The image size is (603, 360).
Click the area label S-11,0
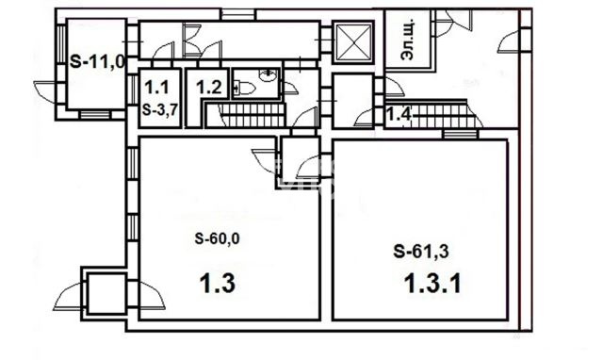(x=98, y=62)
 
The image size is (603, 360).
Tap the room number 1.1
(x=156, y=88)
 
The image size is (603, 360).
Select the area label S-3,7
(x=159, y=110)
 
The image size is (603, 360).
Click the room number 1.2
(x=209, y=88)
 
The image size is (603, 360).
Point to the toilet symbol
(x=245, y=89)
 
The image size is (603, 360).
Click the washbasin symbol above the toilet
(x=268, y=75)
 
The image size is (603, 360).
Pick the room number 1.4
(x=399, y=114)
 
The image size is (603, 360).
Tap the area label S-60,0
(x=217, y=238)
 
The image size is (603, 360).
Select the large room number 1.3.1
(x=433, y=285)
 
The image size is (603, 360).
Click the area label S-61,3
(x=421, y=252)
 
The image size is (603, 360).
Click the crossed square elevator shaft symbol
(x=353, y=42)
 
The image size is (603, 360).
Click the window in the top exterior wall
(x=237, y=14)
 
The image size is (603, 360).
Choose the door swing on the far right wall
(x=509, y=42)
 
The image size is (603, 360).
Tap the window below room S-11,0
(x=94, y=115)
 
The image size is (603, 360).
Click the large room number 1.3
(x=217, y=285)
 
